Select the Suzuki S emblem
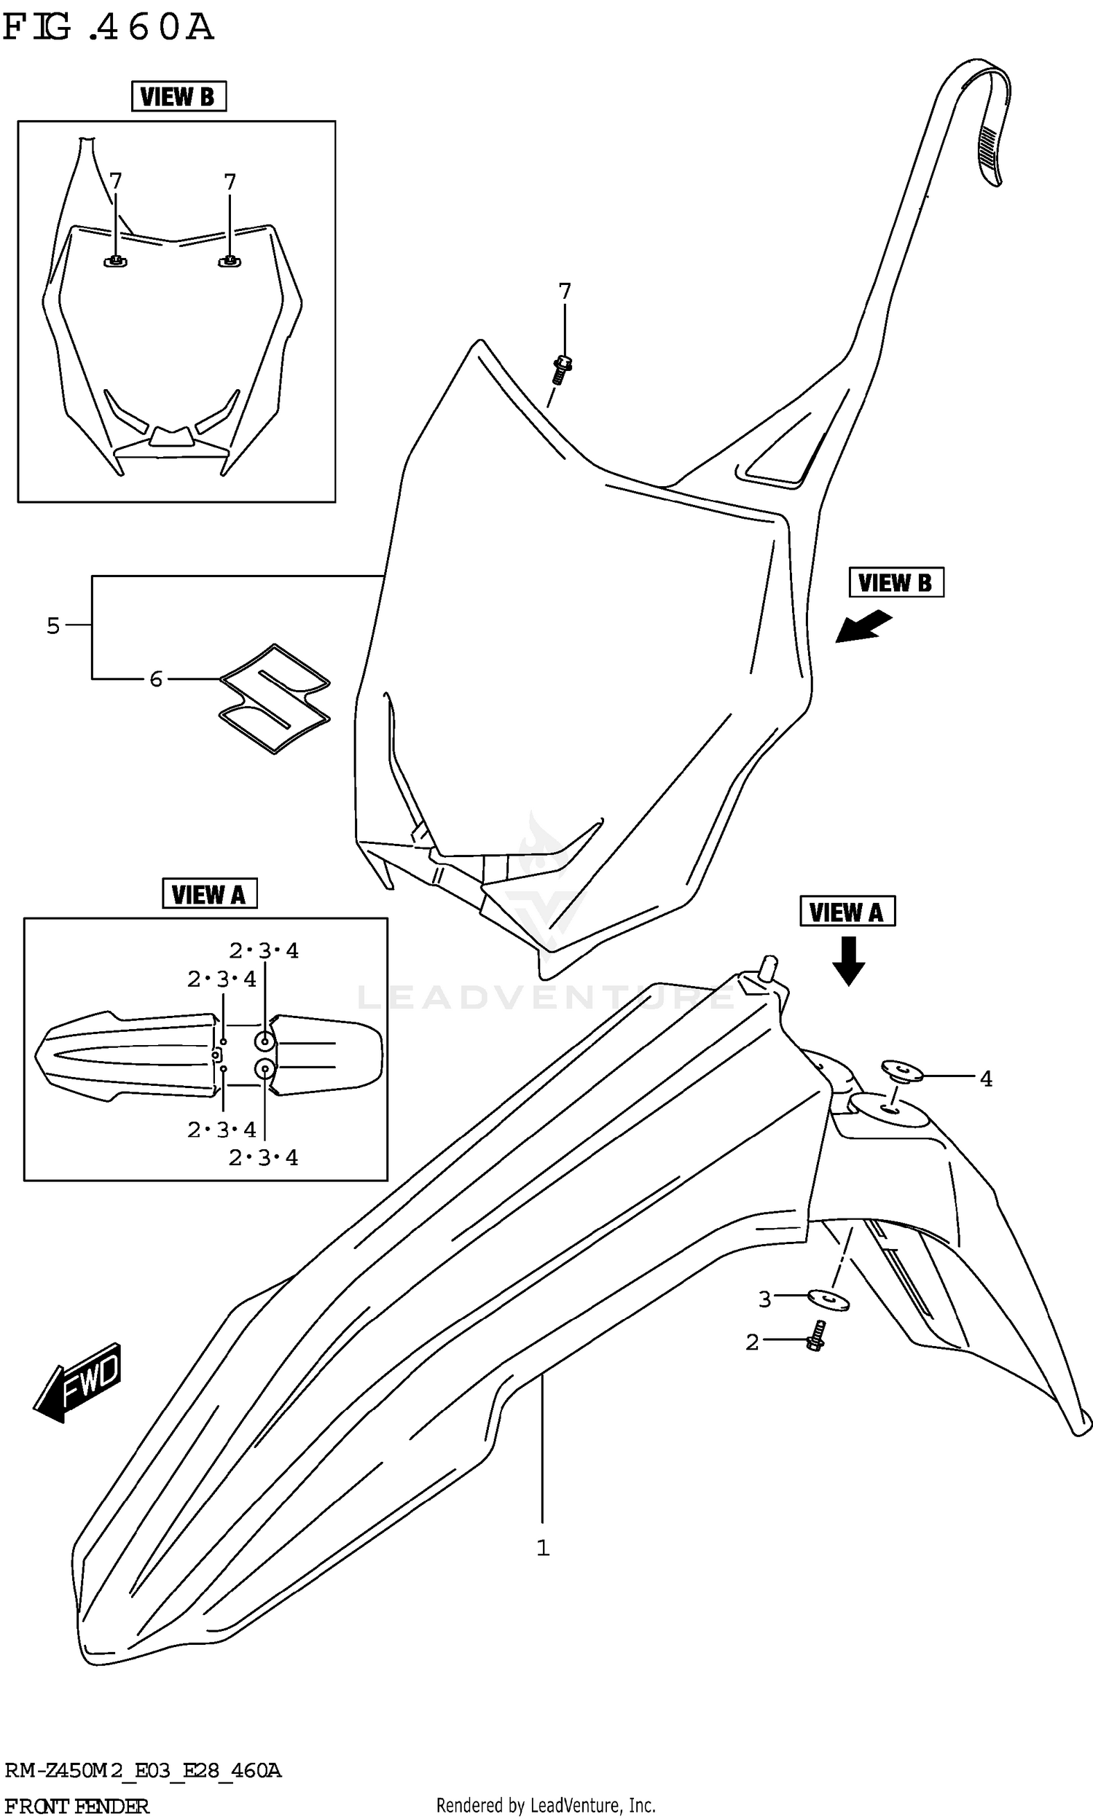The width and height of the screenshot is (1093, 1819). click(275, 697)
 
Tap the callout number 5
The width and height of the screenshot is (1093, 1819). click(53, 626)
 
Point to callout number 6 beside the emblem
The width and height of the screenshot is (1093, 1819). click(155, 679)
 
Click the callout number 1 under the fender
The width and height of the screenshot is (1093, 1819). click(543, 1548)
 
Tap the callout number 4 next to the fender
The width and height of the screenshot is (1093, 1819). click(986, 1079)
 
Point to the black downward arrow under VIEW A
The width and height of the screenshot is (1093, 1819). click(847, 961)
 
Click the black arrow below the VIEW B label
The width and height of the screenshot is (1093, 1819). click(863, 627)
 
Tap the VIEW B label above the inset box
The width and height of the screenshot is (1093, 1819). click(179, 96)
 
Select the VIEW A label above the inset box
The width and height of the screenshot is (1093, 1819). click(209, 894)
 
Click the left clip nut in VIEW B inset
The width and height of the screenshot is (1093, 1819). click(115, 261)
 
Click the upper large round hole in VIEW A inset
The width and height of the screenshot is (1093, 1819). click(265, 1041)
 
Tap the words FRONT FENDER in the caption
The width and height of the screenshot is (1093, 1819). click(77, 1801)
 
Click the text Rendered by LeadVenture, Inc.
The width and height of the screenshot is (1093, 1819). click(546, 1799)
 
